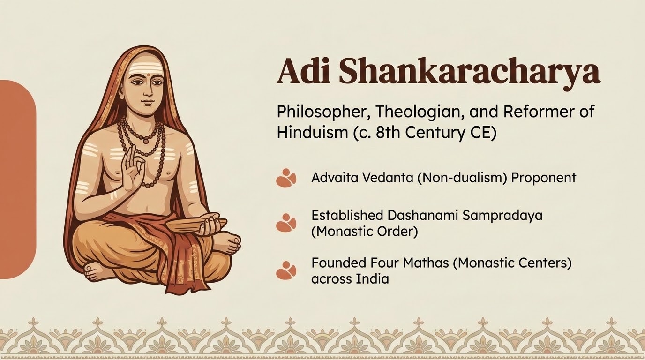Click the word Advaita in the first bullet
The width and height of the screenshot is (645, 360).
(x=334, y=178)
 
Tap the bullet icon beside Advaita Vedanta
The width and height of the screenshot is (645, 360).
(x=286, y=178)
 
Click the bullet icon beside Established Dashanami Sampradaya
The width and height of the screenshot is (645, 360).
(x=286, y=222)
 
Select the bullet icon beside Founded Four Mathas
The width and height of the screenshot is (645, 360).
(x=286, y=270)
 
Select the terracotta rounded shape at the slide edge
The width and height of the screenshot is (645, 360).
(x=18, y=180)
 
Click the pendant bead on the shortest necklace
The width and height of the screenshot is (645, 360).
(x=146, y=141)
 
